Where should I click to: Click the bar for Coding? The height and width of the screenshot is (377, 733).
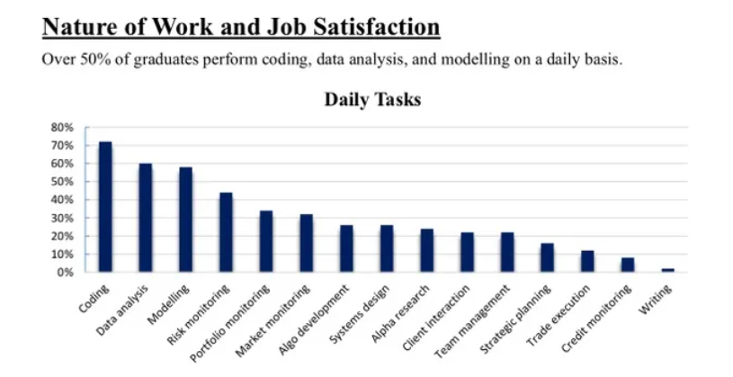tap(105, 207)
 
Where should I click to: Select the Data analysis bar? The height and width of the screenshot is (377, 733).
tap(146, 218)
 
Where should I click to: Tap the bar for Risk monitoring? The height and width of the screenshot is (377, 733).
tap(226, 232)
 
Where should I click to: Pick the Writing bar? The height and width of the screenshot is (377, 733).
tap(667, 270)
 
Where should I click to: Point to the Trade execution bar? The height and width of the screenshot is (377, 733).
tap(587, 261)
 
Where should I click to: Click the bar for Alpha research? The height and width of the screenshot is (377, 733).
tap(426, 250)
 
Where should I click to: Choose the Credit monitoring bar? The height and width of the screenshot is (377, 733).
tap(628, 265)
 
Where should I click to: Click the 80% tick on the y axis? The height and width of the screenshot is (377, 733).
tap(61, 127)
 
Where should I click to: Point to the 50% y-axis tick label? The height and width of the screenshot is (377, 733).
tap(61, 182)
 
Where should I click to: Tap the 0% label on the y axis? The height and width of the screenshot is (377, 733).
tap(64, 273)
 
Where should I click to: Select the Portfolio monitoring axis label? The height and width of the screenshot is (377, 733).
tap(235, 316)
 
